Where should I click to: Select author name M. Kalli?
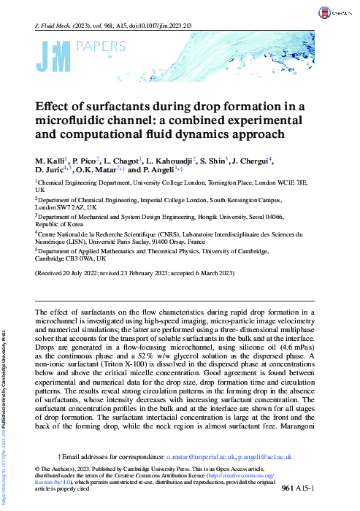point(49,159)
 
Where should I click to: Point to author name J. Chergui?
point(251,159)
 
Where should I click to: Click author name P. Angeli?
point(161,170)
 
